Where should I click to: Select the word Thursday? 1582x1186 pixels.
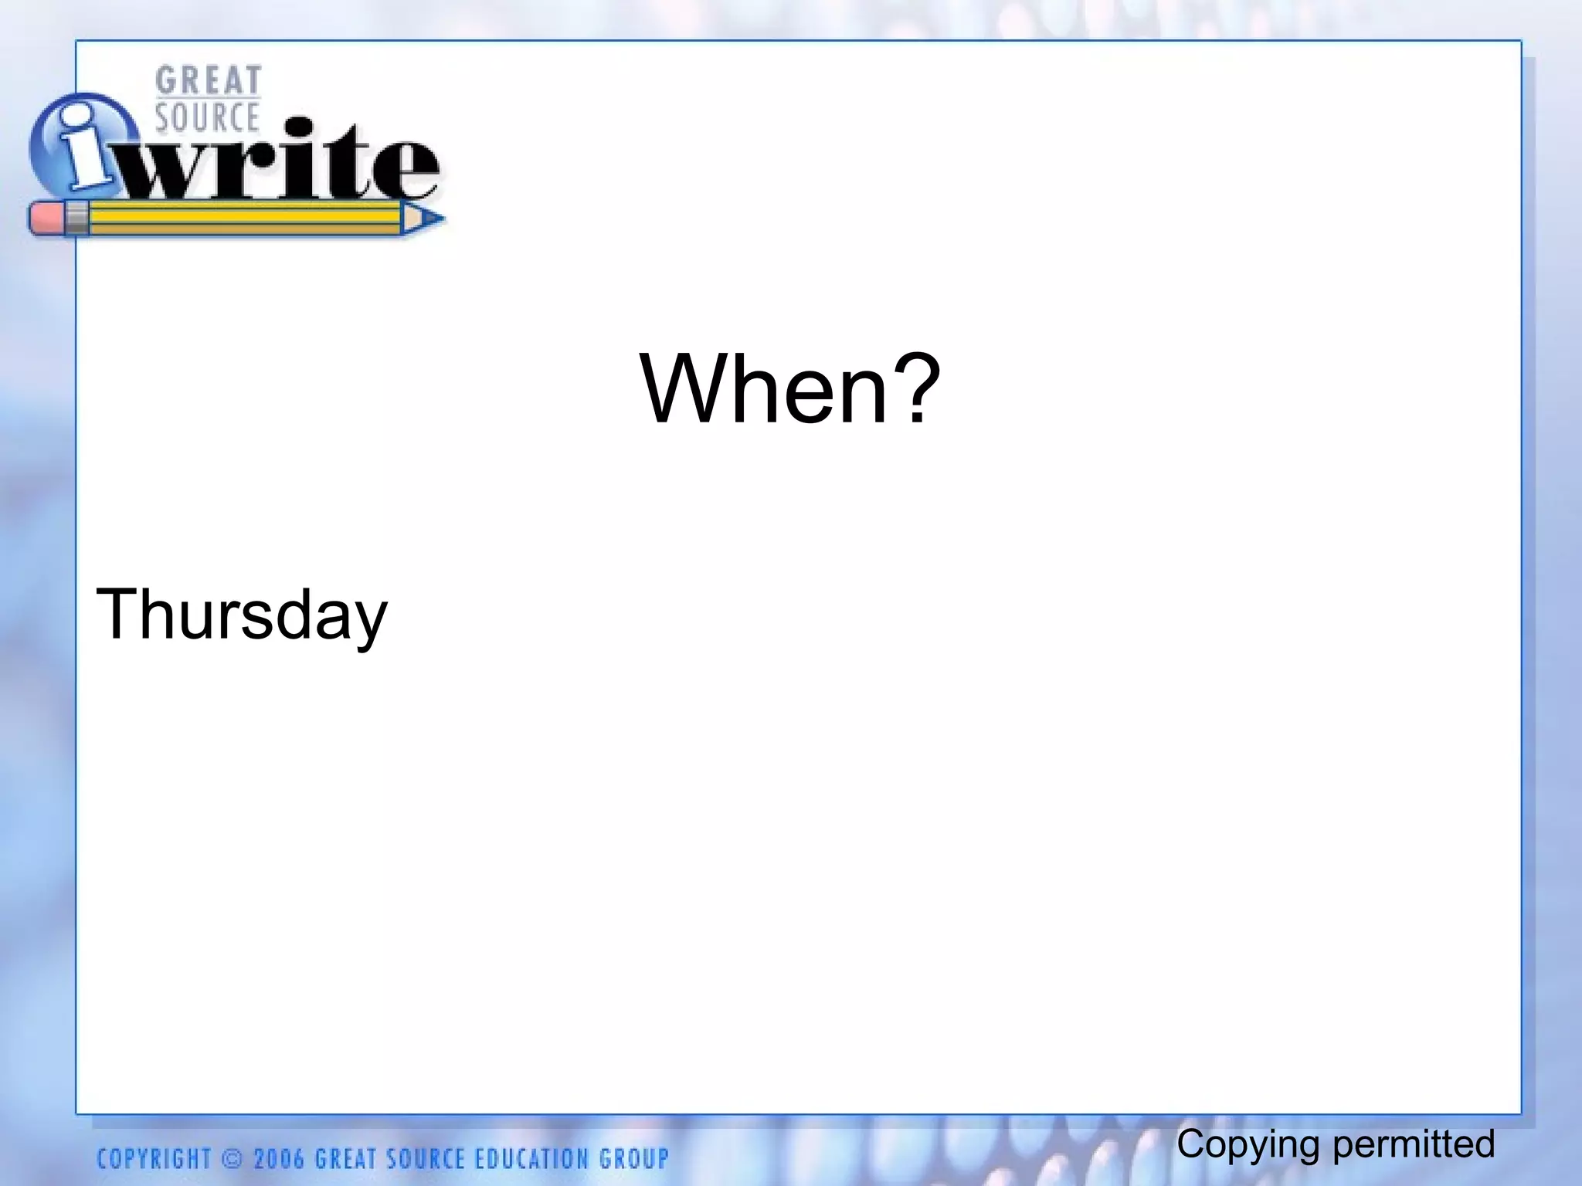241,615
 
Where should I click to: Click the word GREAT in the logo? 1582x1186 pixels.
208,80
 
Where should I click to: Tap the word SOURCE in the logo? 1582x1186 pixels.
207,117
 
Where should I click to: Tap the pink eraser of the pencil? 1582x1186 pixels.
46,219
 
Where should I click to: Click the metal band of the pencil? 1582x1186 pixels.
76,219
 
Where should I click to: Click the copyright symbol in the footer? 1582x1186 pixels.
231,1159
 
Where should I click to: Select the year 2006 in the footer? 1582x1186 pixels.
279,1159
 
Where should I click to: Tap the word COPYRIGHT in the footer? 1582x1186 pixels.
154,1159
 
